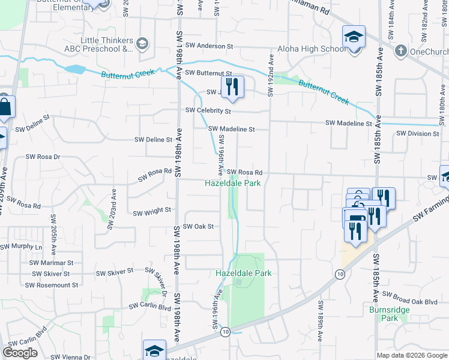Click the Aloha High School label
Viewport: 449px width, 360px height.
tap(312, 49)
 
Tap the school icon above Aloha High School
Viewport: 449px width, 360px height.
tap(354, 37)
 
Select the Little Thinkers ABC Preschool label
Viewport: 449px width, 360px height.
tap(107, 44)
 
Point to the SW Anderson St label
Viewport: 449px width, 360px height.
tap(209, 46)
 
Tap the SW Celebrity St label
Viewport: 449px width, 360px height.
tap(208, 110)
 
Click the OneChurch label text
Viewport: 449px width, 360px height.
tap(429, 51)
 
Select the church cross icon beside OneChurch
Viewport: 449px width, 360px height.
tap(400, 50)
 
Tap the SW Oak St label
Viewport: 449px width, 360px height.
tap(199, 226)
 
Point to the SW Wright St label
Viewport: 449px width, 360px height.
tap(152, 212)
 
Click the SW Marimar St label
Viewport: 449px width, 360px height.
tap(51, 263)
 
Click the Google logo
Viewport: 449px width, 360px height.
tap(20, 353)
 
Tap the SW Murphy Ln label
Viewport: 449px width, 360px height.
tap(22, 247)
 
